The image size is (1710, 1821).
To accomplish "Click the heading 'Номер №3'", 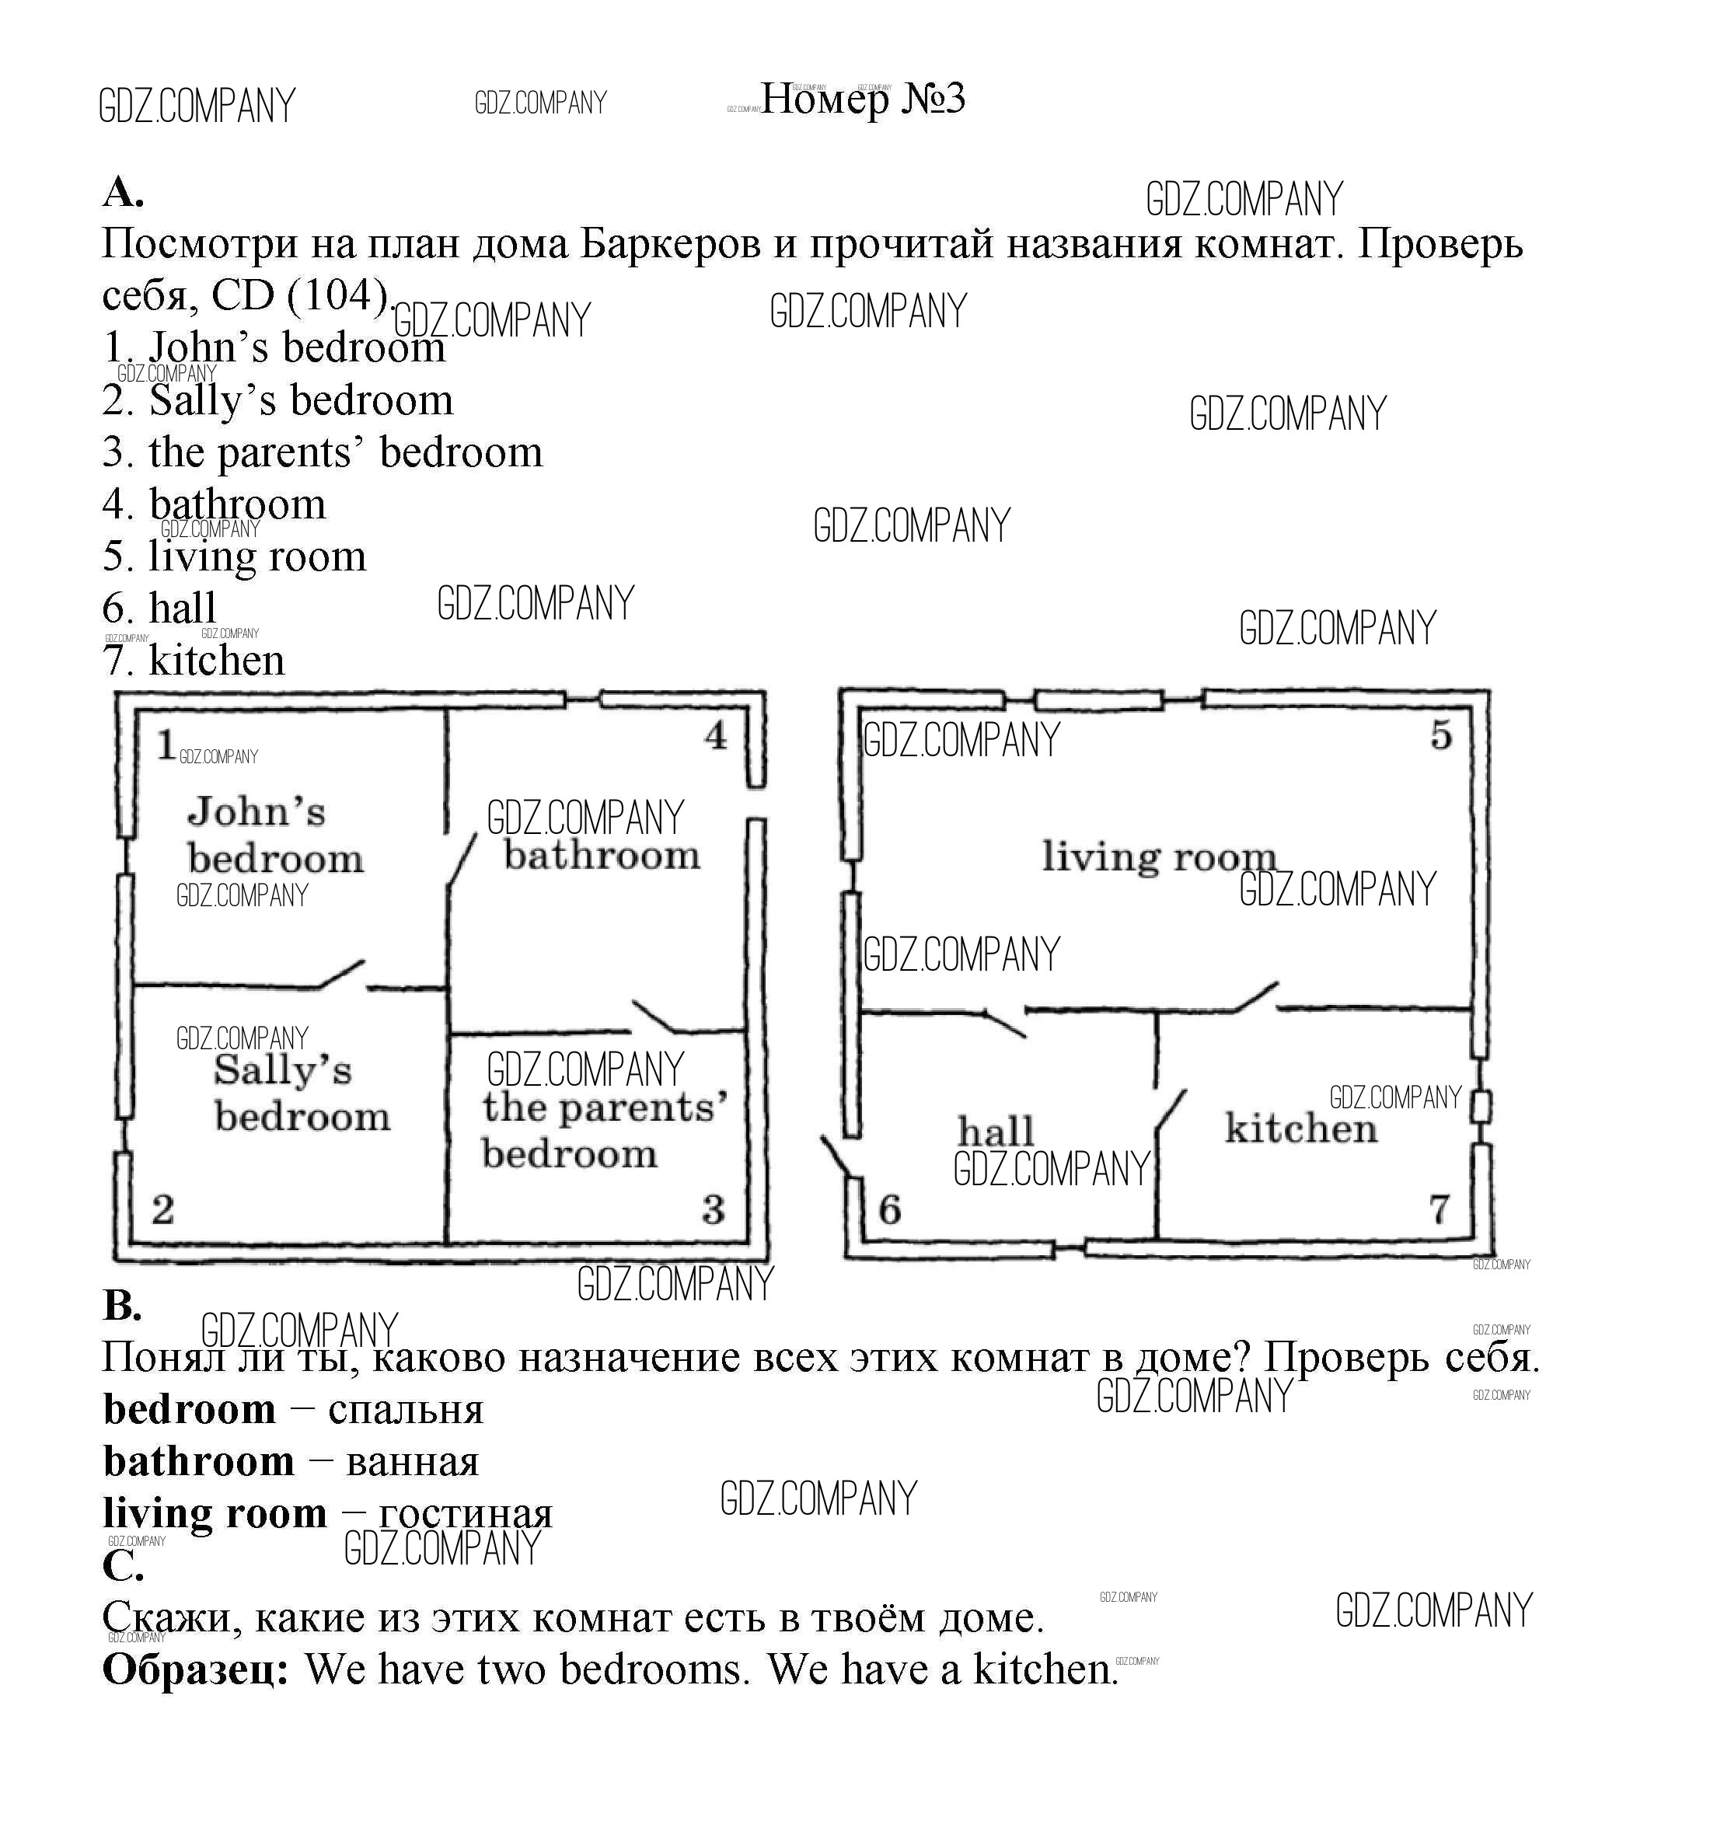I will (x=863, y=99).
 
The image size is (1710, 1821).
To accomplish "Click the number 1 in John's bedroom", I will (x=166, y=745).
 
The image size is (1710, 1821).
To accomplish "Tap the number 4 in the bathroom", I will (x=715, y=735).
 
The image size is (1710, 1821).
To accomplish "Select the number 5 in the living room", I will (x=1442, y=735).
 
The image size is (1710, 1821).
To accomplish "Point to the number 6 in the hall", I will (x=889, y=1210).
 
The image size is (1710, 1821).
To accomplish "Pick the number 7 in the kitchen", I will (x=1440, y=1209).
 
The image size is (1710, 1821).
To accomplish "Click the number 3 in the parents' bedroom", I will (x=714, y=1210).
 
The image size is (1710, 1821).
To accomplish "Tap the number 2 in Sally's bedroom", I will (x=163, y=1210).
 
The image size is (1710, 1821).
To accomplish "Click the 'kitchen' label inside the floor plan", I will (x=1301, y=1129).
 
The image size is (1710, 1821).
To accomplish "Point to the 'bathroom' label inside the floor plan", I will (x=602, y=856).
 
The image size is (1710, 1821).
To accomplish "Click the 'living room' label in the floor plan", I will (x=1159, y=857).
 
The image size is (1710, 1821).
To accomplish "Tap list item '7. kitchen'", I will (x=194, y=661).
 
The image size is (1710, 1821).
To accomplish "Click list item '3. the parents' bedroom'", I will (x=323, y=452).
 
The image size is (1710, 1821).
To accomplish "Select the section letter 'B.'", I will (x=123, y=1305).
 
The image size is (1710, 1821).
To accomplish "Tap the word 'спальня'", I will (x=406, y=1410).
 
